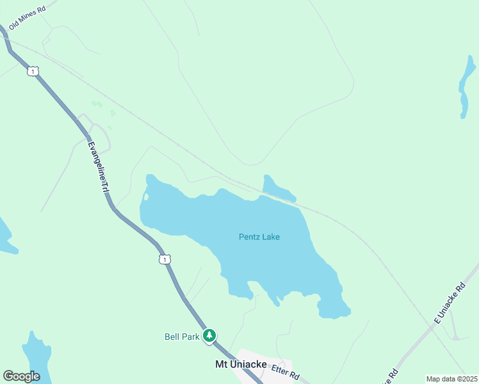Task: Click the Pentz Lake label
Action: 259,237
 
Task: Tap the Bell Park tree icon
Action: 209,336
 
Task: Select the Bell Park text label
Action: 182,337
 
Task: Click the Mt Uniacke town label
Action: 240,365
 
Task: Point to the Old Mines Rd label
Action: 28,19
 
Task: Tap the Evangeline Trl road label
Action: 98,168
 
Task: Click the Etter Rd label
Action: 286,371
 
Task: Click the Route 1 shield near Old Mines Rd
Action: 32,71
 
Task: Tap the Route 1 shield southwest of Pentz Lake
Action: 165,259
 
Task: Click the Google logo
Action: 21,376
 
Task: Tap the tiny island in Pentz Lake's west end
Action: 146,197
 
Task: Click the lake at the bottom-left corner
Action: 37,358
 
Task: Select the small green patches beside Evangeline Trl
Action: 97,104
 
